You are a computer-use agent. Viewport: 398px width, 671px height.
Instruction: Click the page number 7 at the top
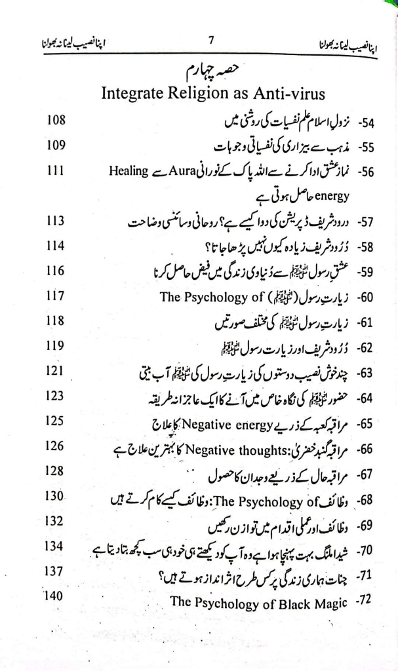(x=211, y=39)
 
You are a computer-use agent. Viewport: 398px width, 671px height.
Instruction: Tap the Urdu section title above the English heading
(x=205, y=67)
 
